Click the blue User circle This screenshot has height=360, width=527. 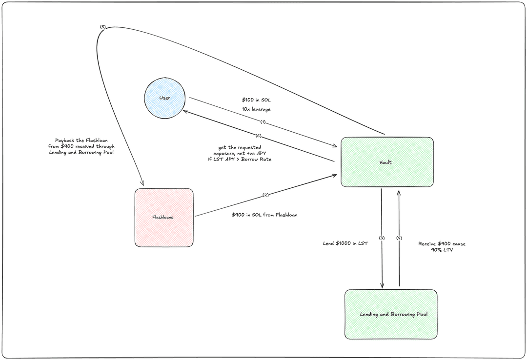coord(165,98)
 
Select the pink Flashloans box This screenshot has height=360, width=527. coord(164,218)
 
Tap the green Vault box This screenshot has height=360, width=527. coord(387,162)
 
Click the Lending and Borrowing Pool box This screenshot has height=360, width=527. coord(391,314)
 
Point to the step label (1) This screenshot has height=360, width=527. coord(263,121)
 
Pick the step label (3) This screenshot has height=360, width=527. coord(382,238)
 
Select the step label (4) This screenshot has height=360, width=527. coord(399,238)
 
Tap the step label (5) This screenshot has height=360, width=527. coord(103,27)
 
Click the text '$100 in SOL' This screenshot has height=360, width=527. coord(256,100)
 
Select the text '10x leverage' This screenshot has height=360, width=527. coord(256,109)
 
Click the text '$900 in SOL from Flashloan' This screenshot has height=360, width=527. coord(264,215)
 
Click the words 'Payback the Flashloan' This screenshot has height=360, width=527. coord(81,140)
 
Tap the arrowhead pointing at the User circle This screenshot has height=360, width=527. coord(184,110)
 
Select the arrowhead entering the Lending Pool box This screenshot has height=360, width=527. coord(382,287)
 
